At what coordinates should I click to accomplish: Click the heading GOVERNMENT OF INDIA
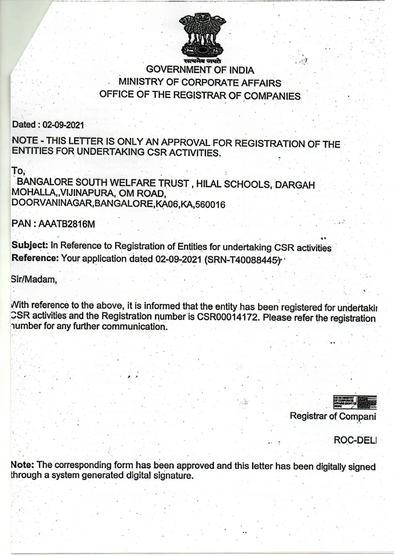[x=200, y=70]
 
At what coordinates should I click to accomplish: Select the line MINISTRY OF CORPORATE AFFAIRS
[x=200, y=82]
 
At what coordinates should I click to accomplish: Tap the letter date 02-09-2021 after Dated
[x=63, y=125]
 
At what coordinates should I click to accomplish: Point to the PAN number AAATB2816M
[x=66, y=224]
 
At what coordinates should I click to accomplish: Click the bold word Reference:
[x=35, y=258]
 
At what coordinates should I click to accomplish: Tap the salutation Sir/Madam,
[x=34, y=279]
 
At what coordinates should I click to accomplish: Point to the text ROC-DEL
[x=355, y=440]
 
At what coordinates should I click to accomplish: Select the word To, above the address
[x=17, y=171]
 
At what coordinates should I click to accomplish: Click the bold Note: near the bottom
[x=23, y=465]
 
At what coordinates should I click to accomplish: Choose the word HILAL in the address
[x=208, y=184]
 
